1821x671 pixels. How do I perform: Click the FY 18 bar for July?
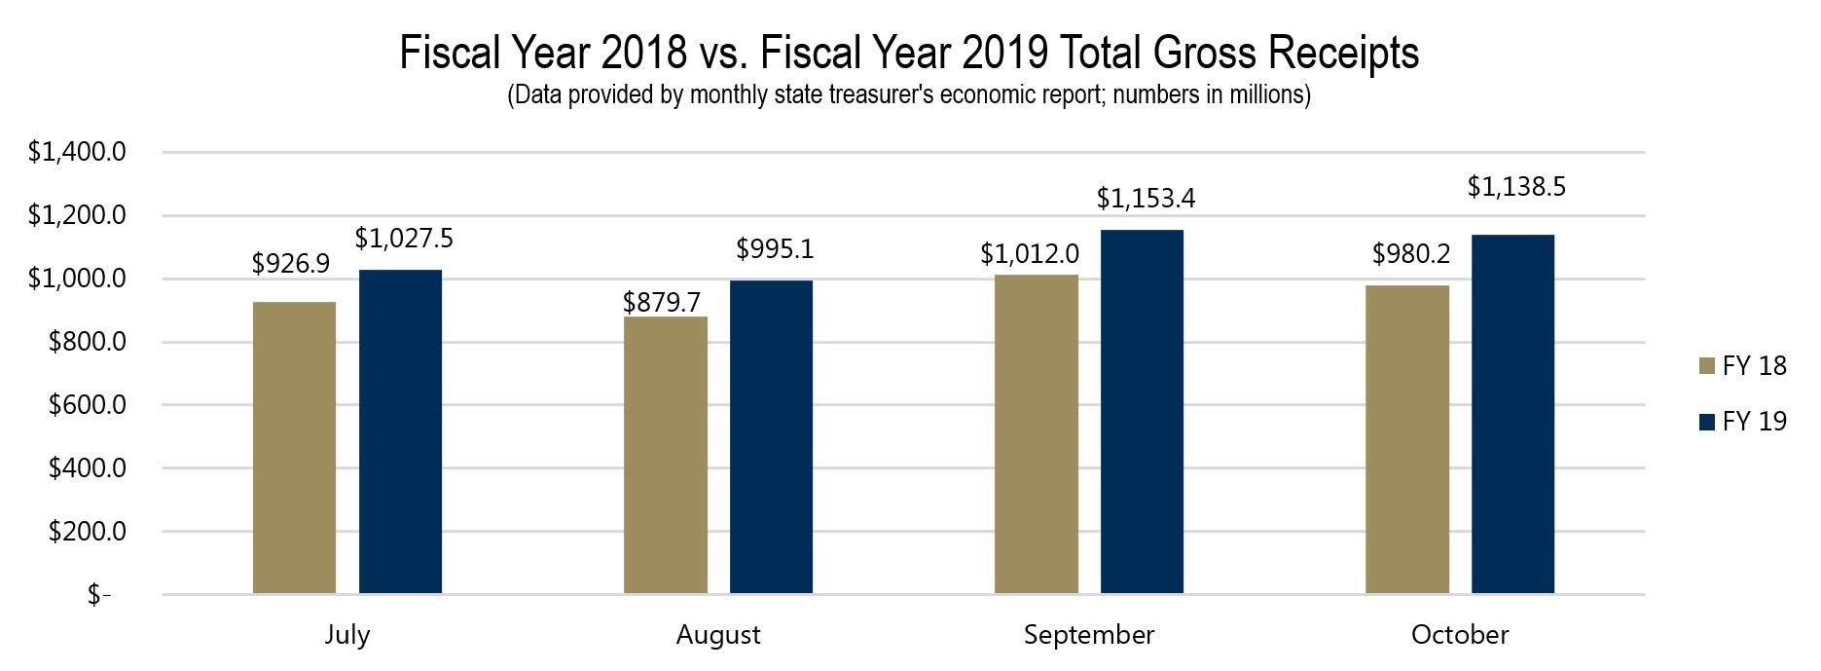point(294,448)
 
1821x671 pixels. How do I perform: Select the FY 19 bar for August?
point(771,437)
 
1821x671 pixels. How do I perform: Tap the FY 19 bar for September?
point(1142,411)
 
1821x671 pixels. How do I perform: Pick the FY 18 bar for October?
point(1406,439)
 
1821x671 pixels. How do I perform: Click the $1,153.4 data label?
point(1146,199)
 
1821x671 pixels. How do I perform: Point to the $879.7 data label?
point(662,302)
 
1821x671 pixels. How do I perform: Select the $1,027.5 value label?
point(404,239)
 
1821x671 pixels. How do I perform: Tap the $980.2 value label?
point(1411,254)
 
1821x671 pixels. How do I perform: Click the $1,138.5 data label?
point(1516,187)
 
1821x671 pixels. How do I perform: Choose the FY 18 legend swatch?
point(1705,366)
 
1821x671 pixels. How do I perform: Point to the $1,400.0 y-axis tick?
point(77,153)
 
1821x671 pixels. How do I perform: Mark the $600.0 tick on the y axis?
point(88,405)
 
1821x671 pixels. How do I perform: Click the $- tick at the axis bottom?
point(98,595)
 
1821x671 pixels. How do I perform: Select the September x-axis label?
point(1088,635)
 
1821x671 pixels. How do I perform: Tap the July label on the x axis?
point(346,635)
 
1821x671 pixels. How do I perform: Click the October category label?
point(1459,635)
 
